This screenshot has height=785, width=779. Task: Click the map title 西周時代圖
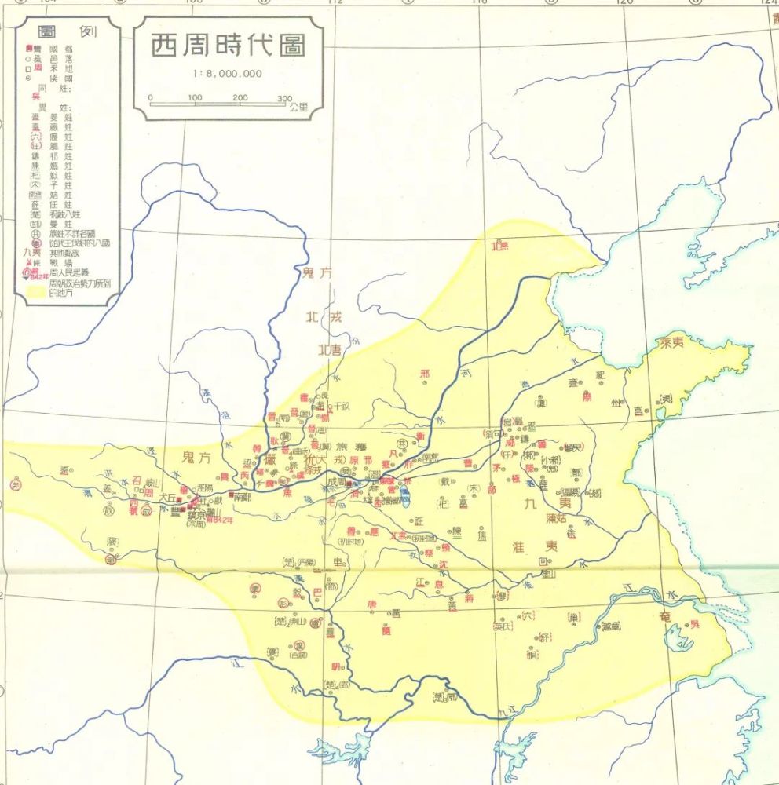(227, 46)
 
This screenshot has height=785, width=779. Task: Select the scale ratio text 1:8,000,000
(226, 74)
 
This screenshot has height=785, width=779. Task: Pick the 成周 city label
(337, 485)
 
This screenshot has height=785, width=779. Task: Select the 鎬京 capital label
(195, 516)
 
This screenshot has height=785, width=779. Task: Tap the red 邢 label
(425, 373)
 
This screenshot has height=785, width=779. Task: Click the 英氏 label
(501, 626)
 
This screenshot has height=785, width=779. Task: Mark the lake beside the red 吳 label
(675, 635)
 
